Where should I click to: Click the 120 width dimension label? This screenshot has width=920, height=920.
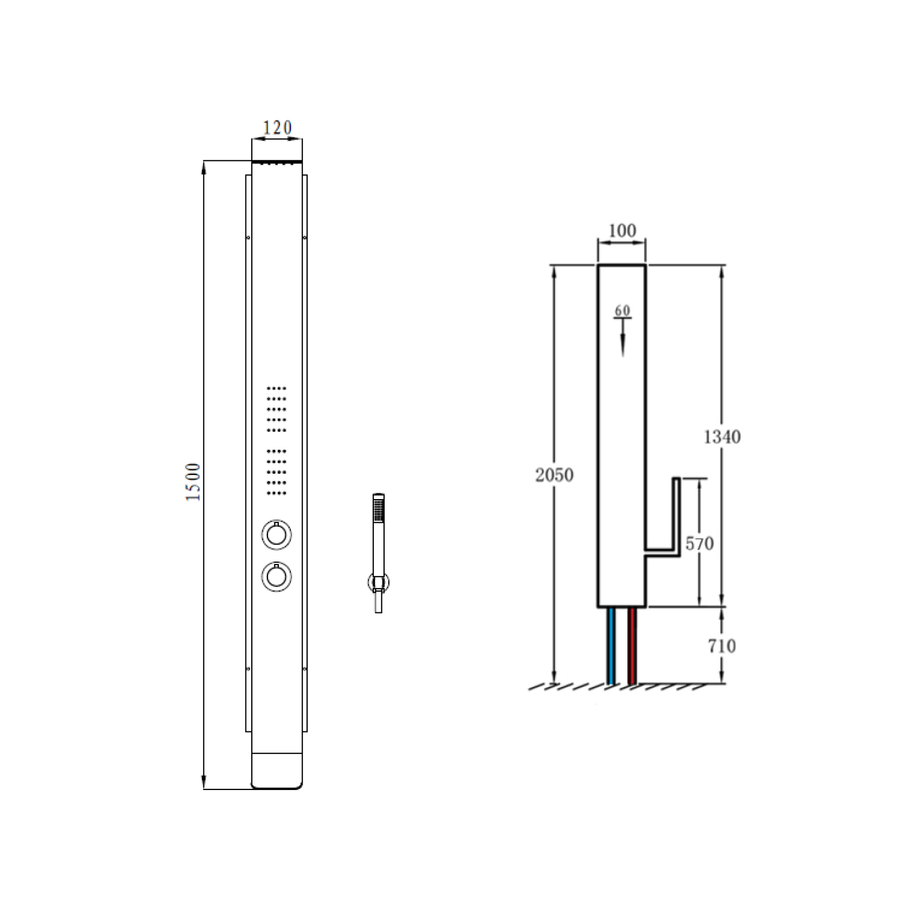click(277, 128)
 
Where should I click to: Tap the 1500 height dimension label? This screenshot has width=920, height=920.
click(193, 482)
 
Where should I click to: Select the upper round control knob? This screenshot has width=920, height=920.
click(277, 535)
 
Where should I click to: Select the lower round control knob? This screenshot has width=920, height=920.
click(277, 576)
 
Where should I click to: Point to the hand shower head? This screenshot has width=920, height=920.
click(378, 508)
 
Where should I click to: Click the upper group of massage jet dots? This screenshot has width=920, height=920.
click(277, 409)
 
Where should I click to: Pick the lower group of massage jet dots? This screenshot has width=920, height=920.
click(277, 472)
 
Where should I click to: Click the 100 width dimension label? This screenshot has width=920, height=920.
click(622, 231)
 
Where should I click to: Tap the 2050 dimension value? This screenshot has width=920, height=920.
click(554, 475)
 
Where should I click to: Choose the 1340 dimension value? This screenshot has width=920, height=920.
click(722, 437)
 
